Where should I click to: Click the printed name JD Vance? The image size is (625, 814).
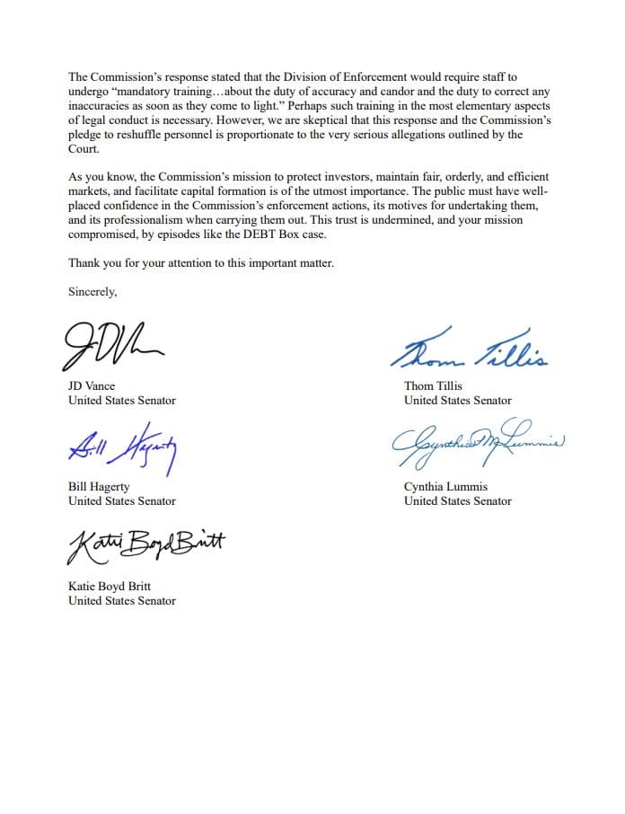(x=92, y=386)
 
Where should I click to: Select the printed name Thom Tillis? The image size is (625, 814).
(x=433, y=386)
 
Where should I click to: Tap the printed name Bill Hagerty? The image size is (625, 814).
(x=99, y=487)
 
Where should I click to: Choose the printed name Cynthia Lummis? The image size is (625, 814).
(x=446, y=487)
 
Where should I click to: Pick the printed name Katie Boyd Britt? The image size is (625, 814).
(x=110, y=587)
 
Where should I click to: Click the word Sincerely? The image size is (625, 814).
(x=92, y=291)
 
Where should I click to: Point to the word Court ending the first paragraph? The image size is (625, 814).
(x=83, y=150)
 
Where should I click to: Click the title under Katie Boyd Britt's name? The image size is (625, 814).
(x=122, y=600)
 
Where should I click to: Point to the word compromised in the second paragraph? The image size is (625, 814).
(x=102, y=234)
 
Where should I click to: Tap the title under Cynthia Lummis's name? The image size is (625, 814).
(x=458, y=500)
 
